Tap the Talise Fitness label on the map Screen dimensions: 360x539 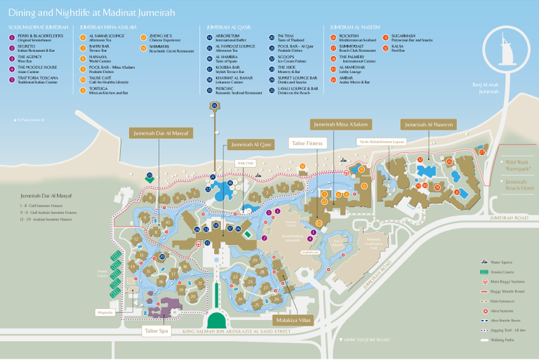(307, 142)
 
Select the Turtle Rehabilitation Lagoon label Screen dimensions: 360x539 (382, 141)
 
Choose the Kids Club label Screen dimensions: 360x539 (246, 162)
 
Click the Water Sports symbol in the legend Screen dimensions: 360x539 (484, 262)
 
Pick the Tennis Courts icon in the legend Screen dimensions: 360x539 (484, 272)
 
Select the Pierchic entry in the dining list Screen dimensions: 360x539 (225, 89)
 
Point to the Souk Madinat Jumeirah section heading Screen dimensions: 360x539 (38, 26)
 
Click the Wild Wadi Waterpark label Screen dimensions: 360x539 (519, 164)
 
